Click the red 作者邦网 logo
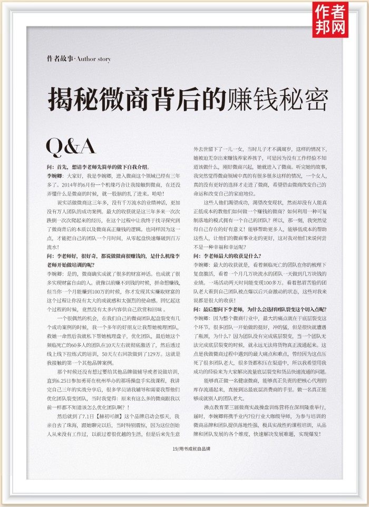[331, 19]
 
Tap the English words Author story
[94, 59]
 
